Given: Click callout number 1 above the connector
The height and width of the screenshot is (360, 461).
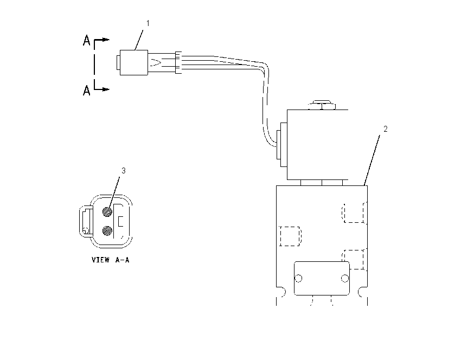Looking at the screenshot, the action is coord(148,23).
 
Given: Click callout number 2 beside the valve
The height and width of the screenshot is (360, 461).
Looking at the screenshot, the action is coord(386,128).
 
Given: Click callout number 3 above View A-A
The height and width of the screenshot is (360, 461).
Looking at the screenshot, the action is coord(124,170).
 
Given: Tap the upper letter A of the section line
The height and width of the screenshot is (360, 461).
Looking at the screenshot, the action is coord(86,40).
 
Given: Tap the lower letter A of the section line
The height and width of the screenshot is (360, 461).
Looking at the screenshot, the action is coord(86,90).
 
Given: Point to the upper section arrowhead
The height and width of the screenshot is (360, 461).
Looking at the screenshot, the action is coord(106,40).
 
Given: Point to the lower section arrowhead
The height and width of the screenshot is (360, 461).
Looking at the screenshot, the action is coord(106,89).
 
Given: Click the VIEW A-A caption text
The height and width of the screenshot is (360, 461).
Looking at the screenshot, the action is coord(111,260).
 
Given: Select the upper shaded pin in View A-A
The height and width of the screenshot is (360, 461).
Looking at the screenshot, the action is coord(107,211).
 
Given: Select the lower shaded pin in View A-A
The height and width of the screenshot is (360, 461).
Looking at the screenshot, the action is coord(107,231).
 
